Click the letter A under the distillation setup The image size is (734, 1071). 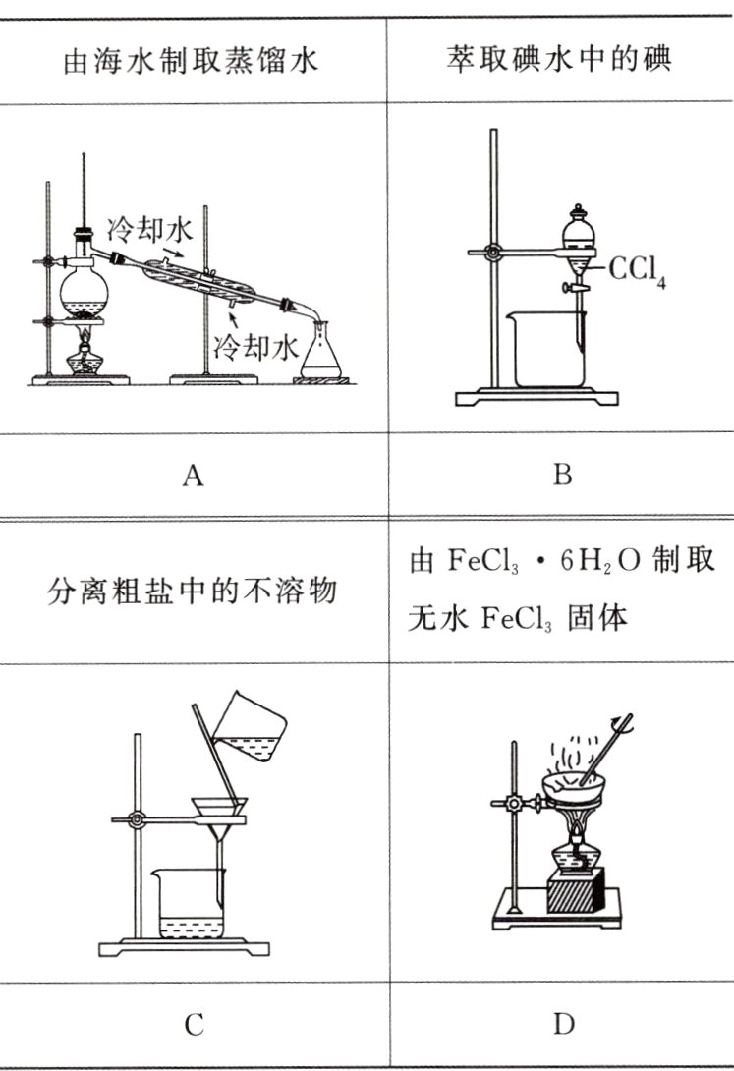click(193, 477)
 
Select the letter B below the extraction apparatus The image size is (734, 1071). click(562, 477)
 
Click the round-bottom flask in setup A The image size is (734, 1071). click(84, 291)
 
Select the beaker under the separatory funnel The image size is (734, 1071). click(546, 350)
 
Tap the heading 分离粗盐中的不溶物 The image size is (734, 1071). click(193, 593)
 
